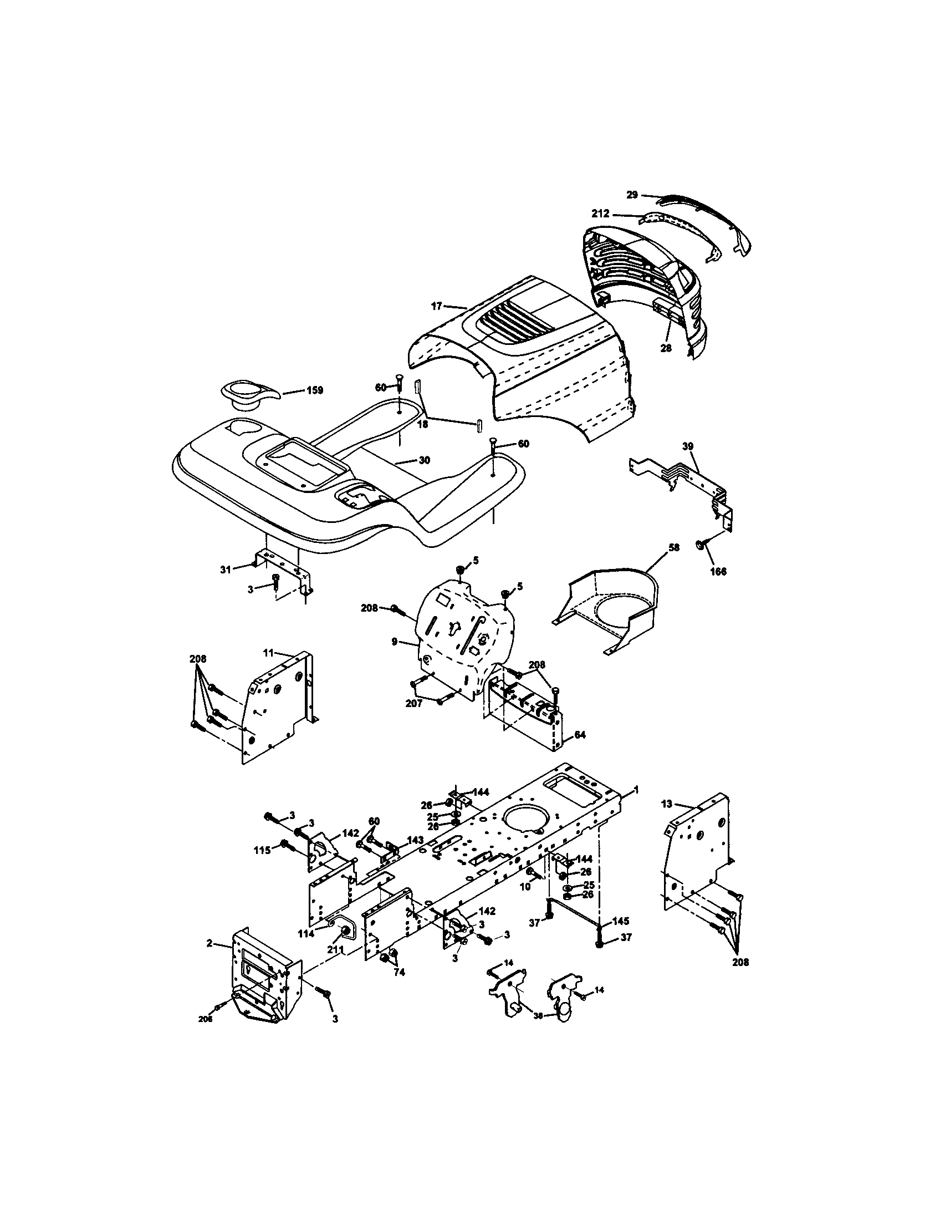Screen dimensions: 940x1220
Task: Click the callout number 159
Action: (x=315, y=390)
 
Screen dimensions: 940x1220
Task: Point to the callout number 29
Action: (x=632, y=195)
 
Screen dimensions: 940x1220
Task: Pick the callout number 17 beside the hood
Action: (x=437, y=306)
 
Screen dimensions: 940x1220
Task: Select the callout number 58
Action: (x=674, y=548)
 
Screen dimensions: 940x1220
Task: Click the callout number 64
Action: (x=579, y=735)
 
